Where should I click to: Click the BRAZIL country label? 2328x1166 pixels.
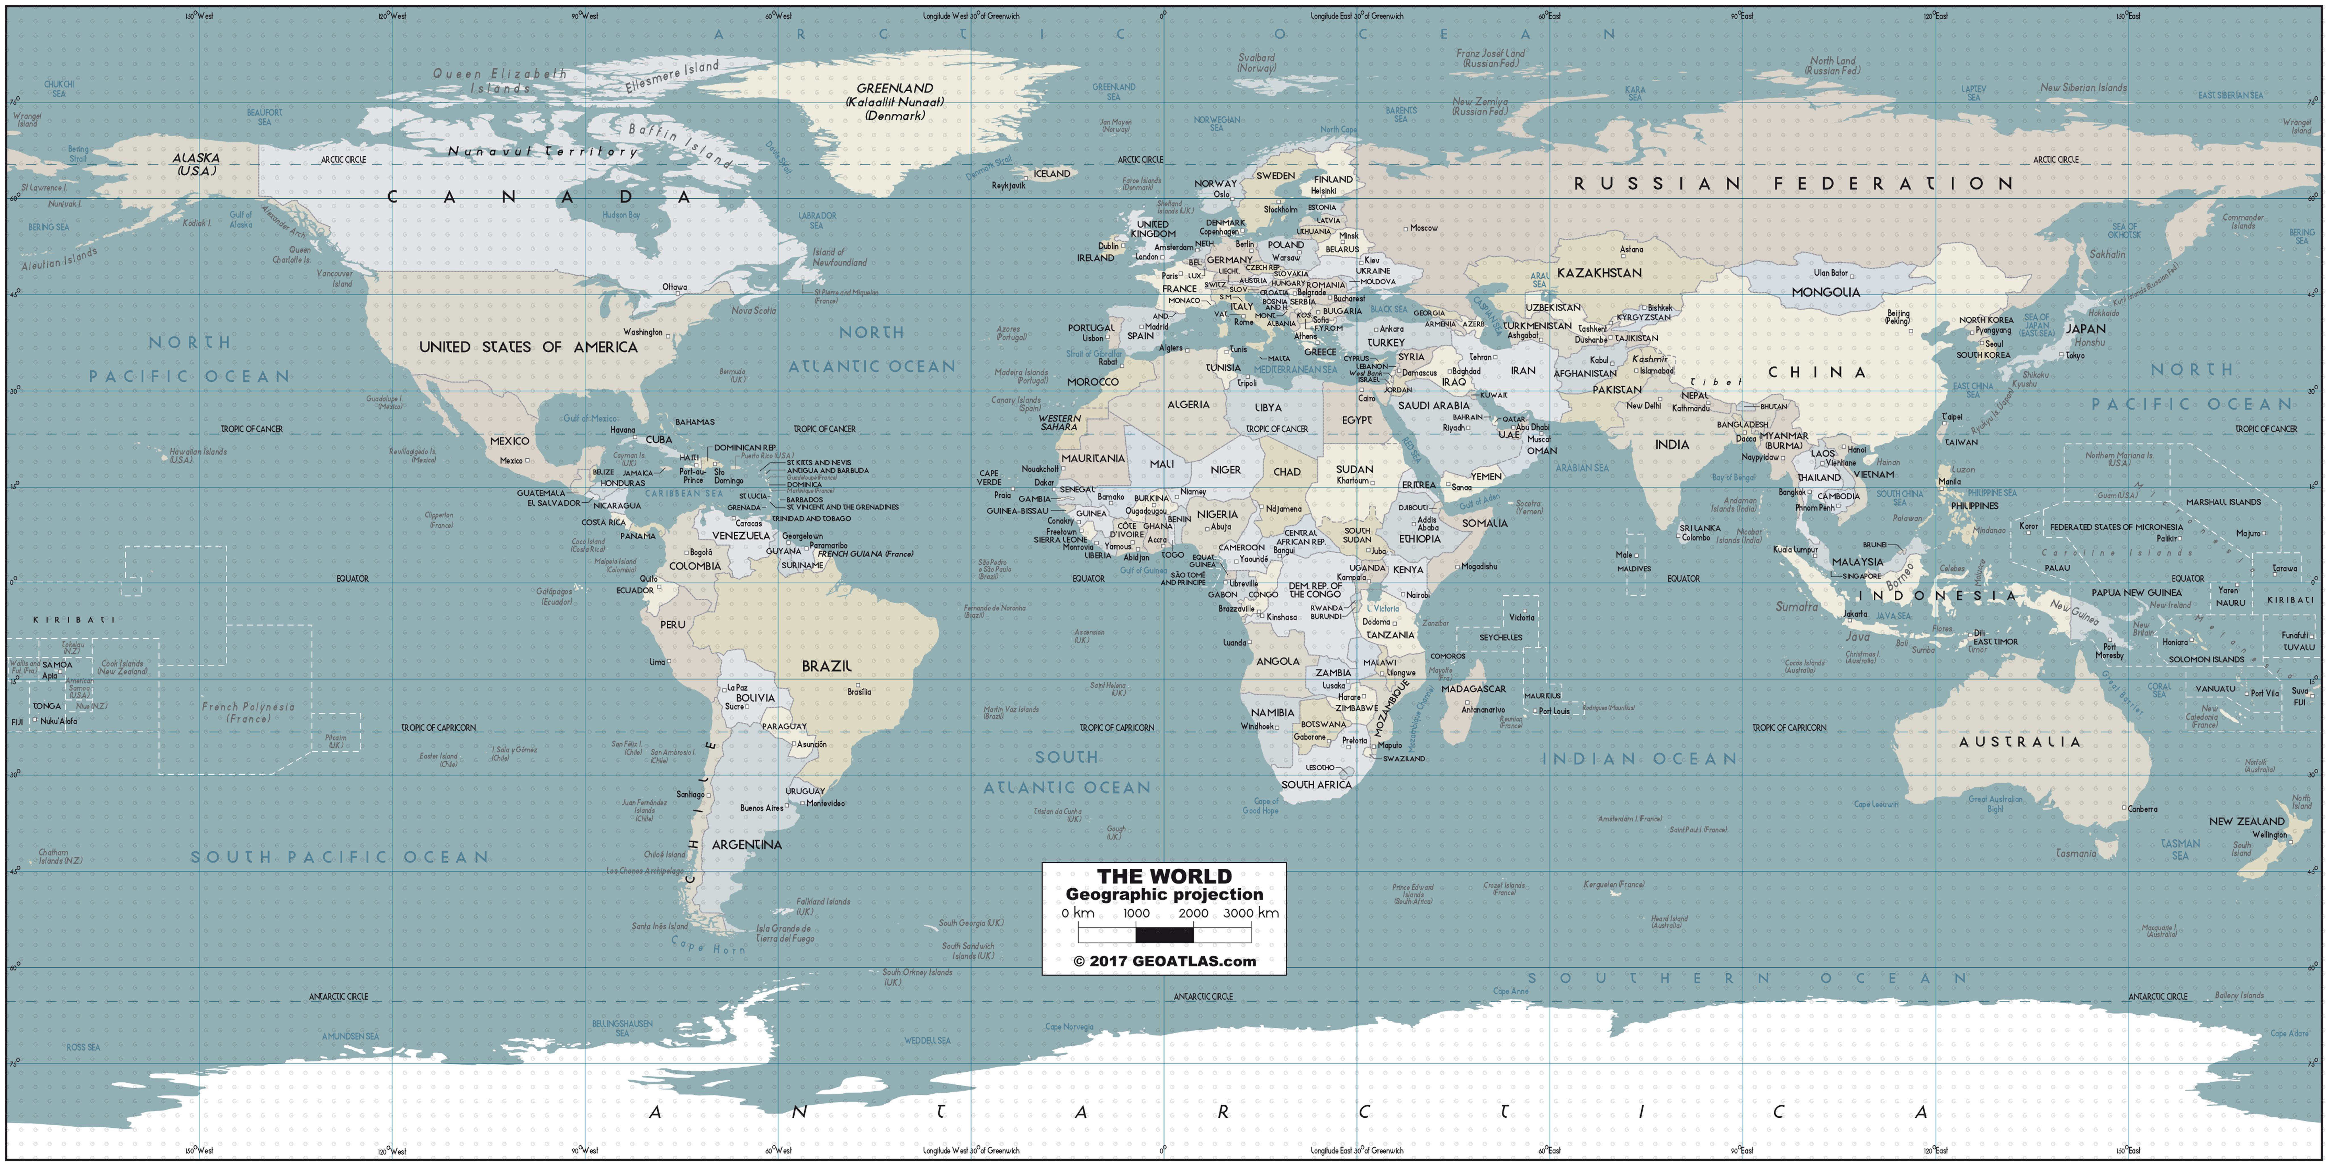826,666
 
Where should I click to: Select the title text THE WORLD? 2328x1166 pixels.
1164,876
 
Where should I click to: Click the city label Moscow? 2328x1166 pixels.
1423,228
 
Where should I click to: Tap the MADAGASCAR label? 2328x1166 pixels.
1473,689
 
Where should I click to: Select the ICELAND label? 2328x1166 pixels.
1052,174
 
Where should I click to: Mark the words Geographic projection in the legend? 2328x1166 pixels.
1164,894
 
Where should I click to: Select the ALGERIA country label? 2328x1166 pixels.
1188,405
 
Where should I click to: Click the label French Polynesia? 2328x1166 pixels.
248,712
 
